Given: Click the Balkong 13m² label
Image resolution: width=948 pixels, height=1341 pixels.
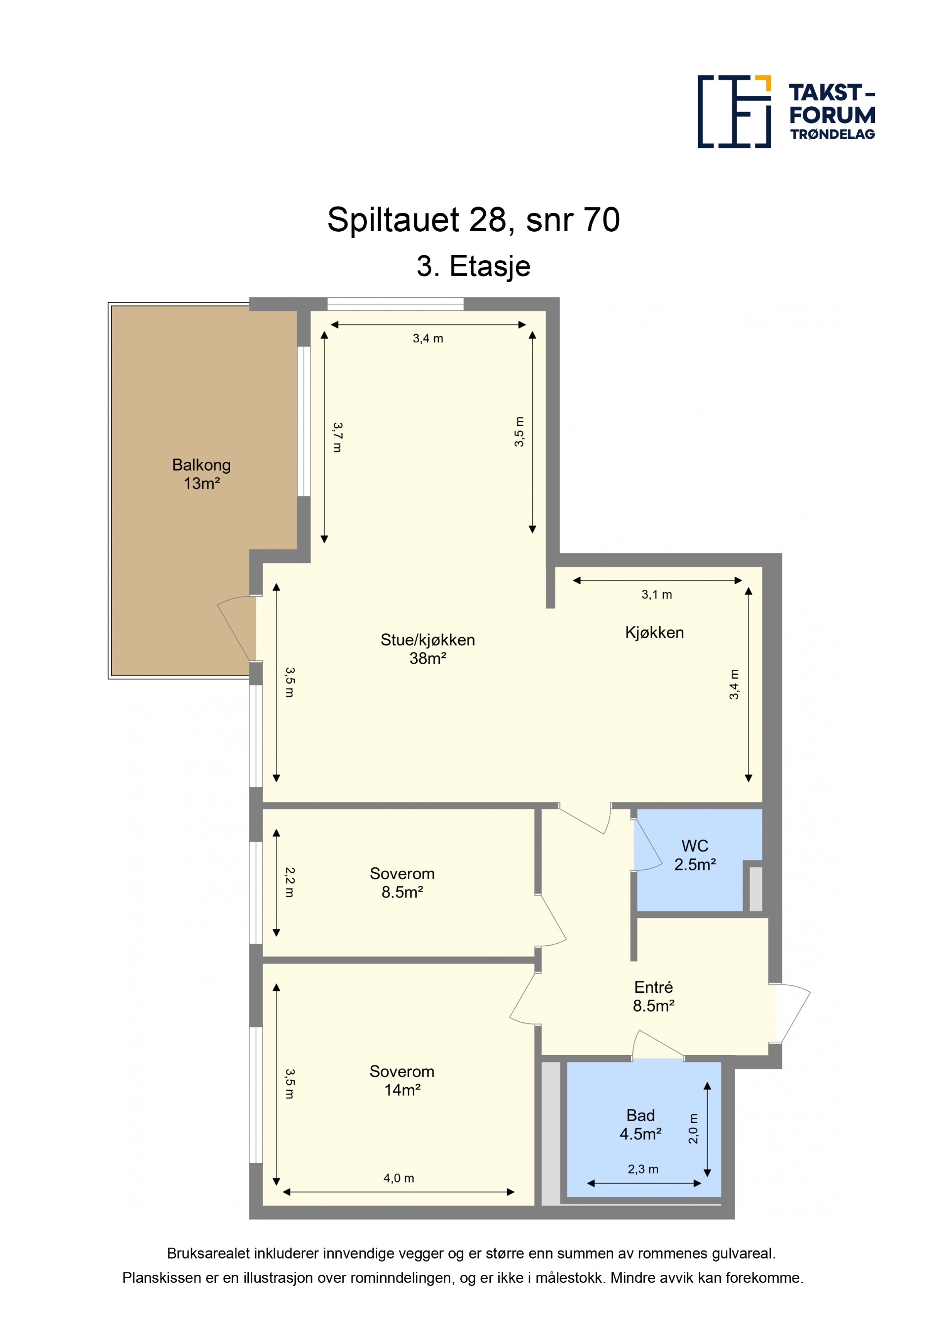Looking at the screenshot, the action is tap(201, 474).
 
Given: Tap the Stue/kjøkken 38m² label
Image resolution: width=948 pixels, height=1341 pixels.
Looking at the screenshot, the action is tap(428, 649).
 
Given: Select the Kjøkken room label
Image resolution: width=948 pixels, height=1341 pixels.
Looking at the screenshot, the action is tap(654, 633).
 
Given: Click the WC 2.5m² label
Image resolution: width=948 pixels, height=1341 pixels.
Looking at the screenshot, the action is tap(695, 855).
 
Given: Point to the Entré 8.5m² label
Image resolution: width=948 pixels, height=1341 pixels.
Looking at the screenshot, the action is tap(654, 996).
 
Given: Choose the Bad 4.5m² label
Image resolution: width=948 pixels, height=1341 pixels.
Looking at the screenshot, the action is tap(640, 1124).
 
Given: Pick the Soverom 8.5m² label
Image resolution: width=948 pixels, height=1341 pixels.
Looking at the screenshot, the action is tap(402, 883).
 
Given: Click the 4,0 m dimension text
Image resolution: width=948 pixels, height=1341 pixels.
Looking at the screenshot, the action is tap(398, 1178).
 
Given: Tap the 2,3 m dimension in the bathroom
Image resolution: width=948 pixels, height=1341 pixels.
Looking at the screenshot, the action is tap(643, 1169).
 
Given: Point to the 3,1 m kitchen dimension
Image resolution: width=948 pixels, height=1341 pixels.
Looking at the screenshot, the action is tap(657, 595).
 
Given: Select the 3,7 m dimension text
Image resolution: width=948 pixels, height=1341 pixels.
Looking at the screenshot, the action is tap(337, 438).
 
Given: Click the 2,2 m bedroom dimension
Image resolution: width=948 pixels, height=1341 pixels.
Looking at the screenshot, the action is tap(289, 882).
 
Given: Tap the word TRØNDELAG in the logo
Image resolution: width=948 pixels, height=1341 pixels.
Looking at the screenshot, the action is tap(832, 134).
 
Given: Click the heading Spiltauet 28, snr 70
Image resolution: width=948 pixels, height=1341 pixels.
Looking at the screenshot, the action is tap(474, 220).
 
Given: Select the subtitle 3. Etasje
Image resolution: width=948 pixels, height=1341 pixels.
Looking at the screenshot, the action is tap(474, 266).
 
